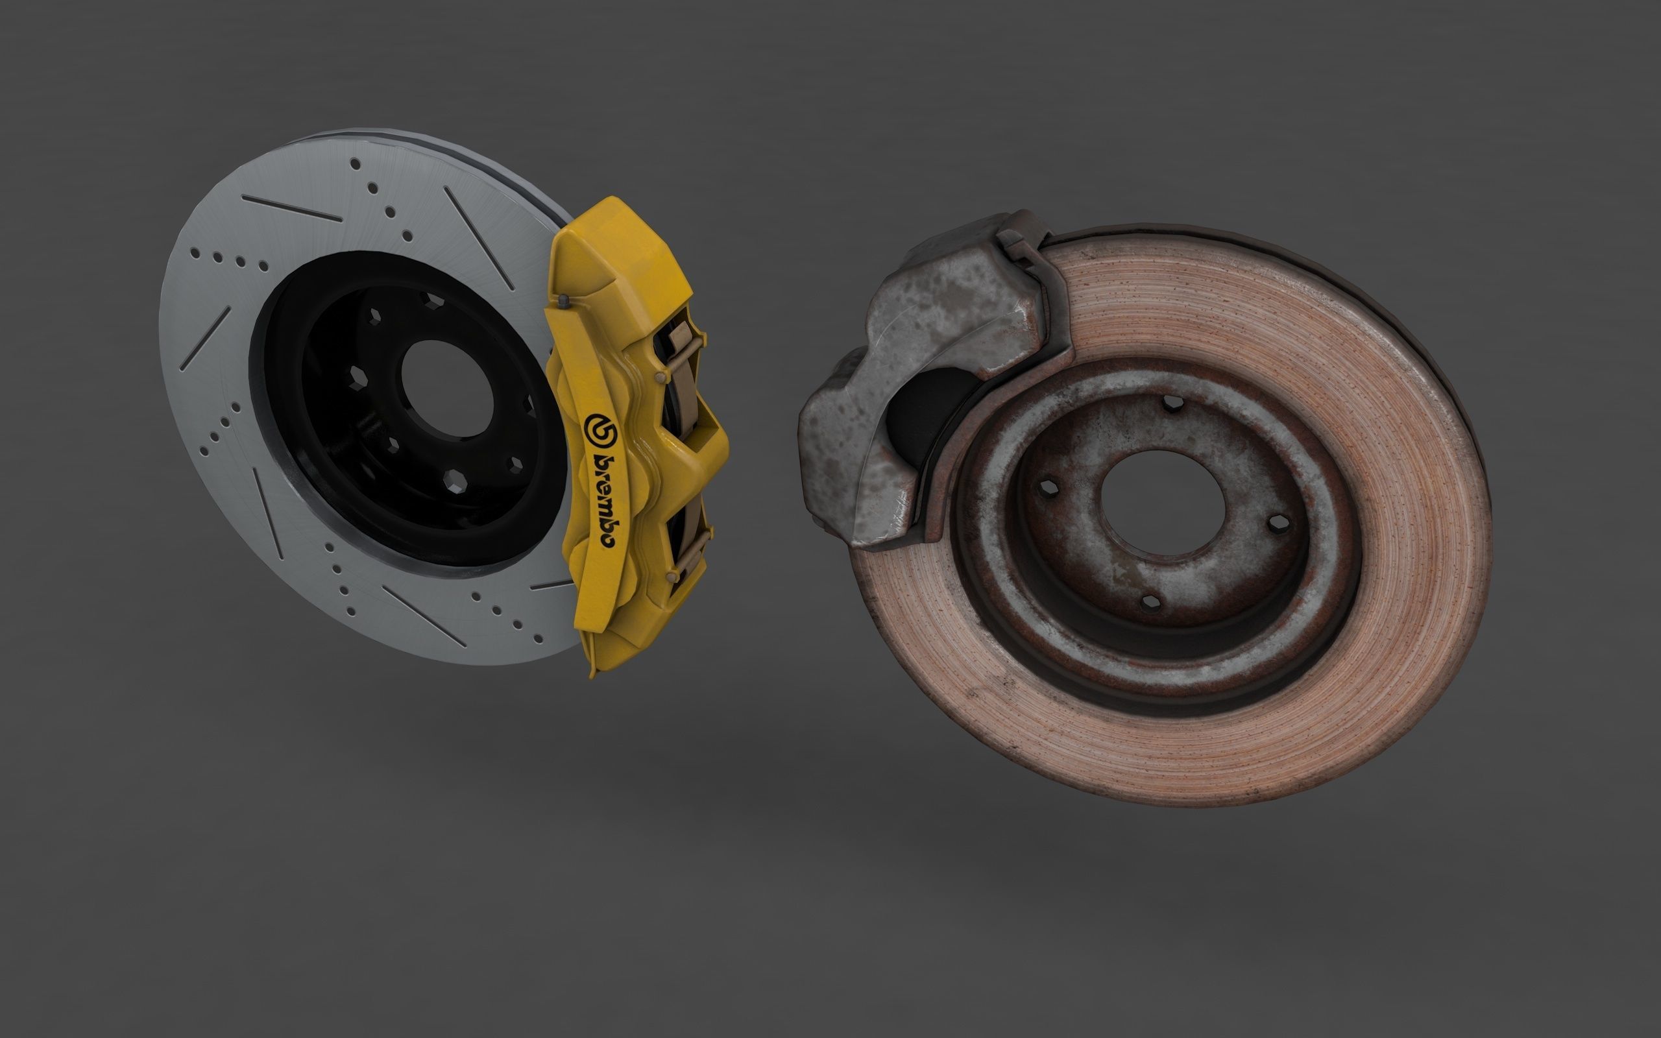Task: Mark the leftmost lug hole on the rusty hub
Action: tap(1047, 488)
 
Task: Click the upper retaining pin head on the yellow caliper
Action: tap(661, 377)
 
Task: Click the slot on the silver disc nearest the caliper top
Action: tap(478, 237)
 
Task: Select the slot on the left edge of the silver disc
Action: tap(204, 339)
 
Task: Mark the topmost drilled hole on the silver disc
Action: tap(355, 163)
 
